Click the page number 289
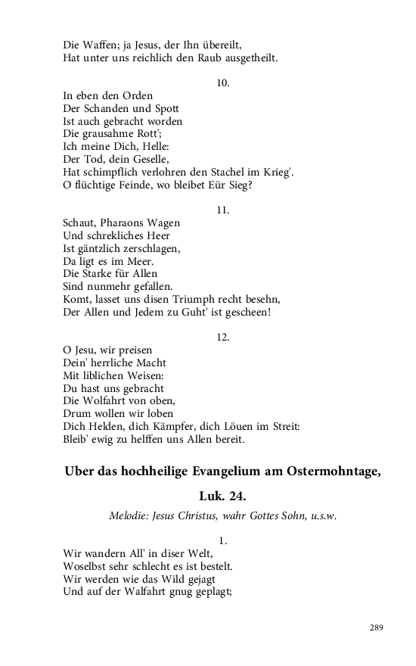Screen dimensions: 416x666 tap(377, 627)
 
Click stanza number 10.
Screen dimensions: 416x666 tap(223, 82)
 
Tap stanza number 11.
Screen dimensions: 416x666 tap(223, 209)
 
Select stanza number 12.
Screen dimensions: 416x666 tap(223, 336)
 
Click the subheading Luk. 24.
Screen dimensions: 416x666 tap(223, 496)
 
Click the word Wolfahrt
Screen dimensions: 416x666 tap(107, 400)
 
